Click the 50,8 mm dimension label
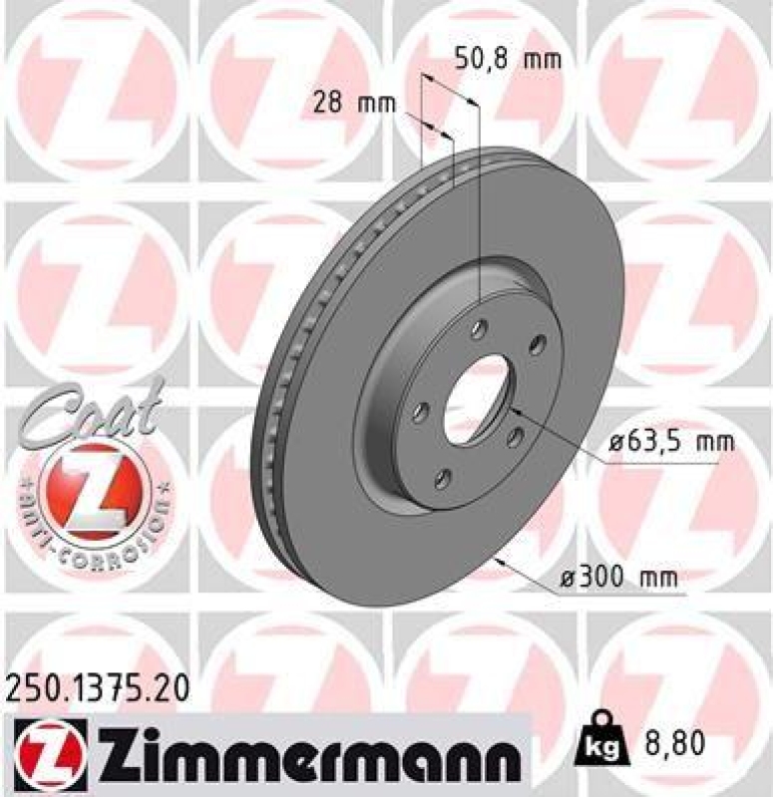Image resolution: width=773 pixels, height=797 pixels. (x=507, y=59)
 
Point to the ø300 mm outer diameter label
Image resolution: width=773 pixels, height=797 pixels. (x=618, y=576)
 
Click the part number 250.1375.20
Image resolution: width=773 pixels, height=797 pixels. (x=96, y=687)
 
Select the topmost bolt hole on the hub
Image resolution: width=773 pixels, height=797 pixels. (x=481, y=326)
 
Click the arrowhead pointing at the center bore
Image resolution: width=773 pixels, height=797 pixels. (x=515, y=408)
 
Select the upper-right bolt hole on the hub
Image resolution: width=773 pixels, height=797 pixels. (x=540, y=345)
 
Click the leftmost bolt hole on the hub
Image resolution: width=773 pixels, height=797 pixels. (x=419, y=410)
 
